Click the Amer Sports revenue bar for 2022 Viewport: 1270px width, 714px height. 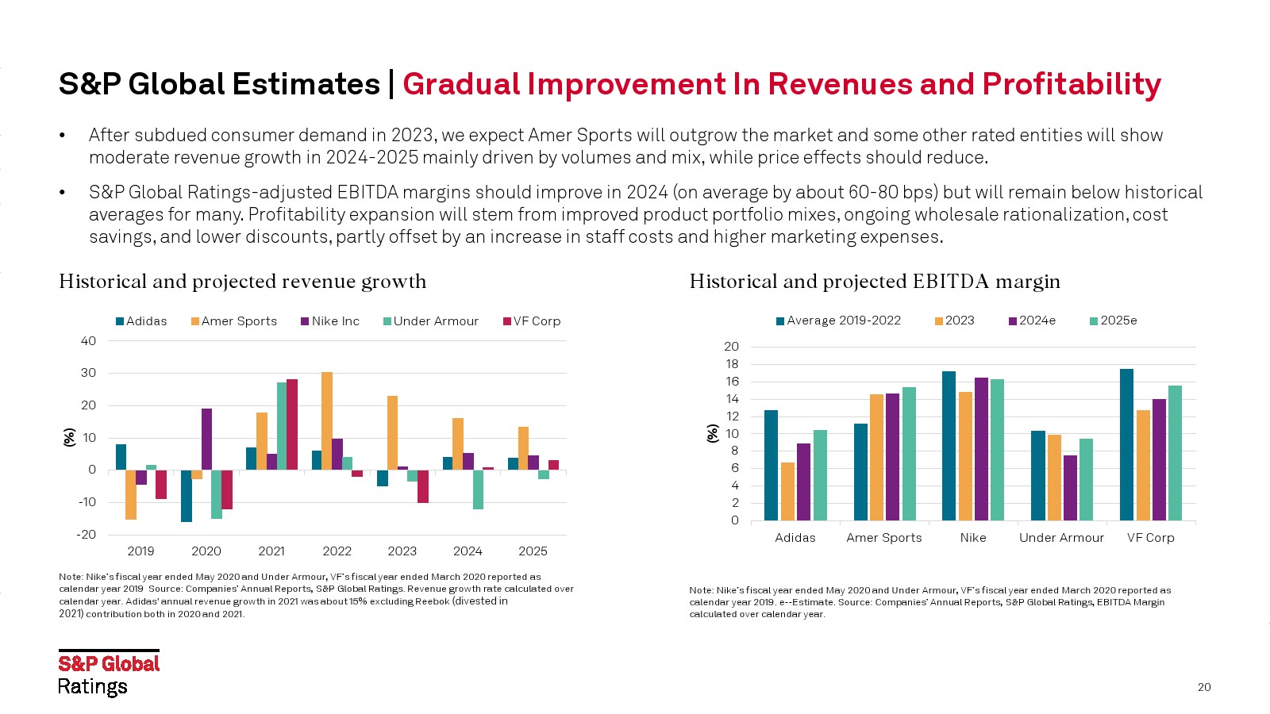[326, 420]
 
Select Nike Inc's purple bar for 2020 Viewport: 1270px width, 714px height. [206, 439]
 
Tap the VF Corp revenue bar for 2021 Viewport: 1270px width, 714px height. [292, 424]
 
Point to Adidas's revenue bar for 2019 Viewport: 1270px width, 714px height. [121, 457]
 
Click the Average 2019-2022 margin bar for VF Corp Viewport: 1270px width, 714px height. [1126, 444]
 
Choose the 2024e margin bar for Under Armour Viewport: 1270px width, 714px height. [1070, 488]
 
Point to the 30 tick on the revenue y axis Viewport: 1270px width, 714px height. [88, 373]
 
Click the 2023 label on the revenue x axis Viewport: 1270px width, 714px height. [402, 551]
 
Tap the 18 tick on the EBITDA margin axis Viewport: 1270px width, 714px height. [731, 364]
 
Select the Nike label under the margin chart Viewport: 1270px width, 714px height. [972, 538]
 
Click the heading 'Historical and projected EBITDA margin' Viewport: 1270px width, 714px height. [874, 282]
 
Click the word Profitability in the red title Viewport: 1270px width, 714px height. [1072, 84]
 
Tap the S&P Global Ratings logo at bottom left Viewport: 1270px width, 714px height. [109, 674]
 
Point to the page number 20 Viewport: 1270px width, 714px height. [1204, 687]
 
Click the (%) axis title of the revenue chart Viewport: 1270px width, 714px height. [70, 437]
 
